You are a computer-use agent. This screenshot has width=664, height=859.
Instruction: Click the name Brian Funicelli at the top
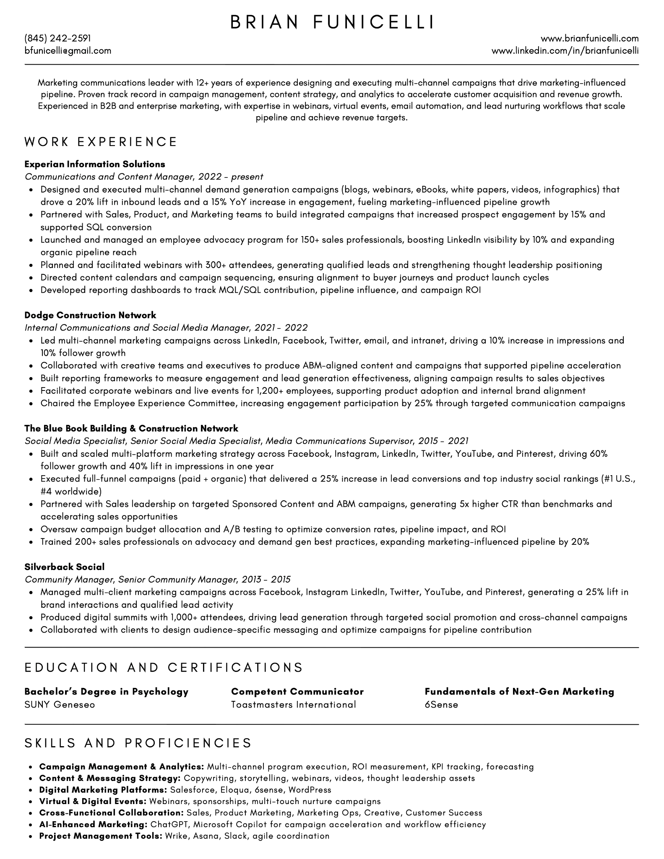click(332, 22)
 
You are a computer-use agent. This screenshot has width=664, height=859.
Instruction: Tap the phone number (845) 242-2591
click(57, 39)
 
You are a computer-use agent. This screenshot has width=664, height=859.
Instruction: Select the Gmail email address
click(68, 51)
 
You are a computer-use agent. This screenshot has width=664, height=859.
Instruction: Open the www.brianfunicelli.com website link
click(589, 39)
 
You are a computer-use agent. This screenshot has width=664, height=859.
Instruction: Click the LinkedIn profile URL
click(565, 51)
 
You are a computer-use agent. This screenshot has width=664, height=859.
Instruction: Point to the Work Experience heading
click(101, 142)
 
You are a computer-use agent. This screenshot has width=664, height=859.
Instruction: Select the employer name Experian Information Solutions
click(95, 164)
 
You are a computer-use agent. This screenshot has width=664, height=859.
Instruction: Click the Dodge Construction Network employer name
click(90, 315)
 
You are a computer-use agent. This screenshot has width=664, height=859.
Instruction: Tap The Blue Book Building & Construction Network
click(131, 428)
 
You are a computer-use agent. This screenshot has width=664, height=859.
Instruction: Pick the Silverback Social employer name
click(65, 567)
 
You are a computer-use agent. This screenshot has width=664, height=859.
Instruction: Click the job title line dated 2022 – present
click(144, 177)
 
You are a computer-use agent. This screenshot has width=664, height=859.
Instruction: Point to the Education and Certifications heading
click(164, 667)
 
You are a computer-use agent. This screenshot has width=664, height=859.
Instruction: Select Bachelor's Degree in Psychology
click(107, 692)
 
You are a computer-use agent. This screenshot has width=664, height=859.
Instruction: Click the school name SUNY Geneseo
click(60, 704)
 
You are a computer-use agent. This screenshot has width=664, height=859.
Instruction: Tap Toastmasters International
click(293, 704)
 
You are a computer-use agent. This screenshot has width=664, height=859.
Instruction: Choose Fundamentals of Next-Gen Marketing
click(519, 692)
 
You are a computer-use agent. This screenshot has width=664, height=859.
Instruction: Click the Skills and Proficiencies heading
click(138, 743)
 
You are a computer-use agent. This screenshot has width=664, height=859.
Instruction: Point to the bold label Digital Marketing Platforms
click(103, 790)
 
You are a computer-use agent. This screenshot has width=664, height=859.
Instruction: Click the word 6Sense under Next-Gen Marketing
click(441, 704)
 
